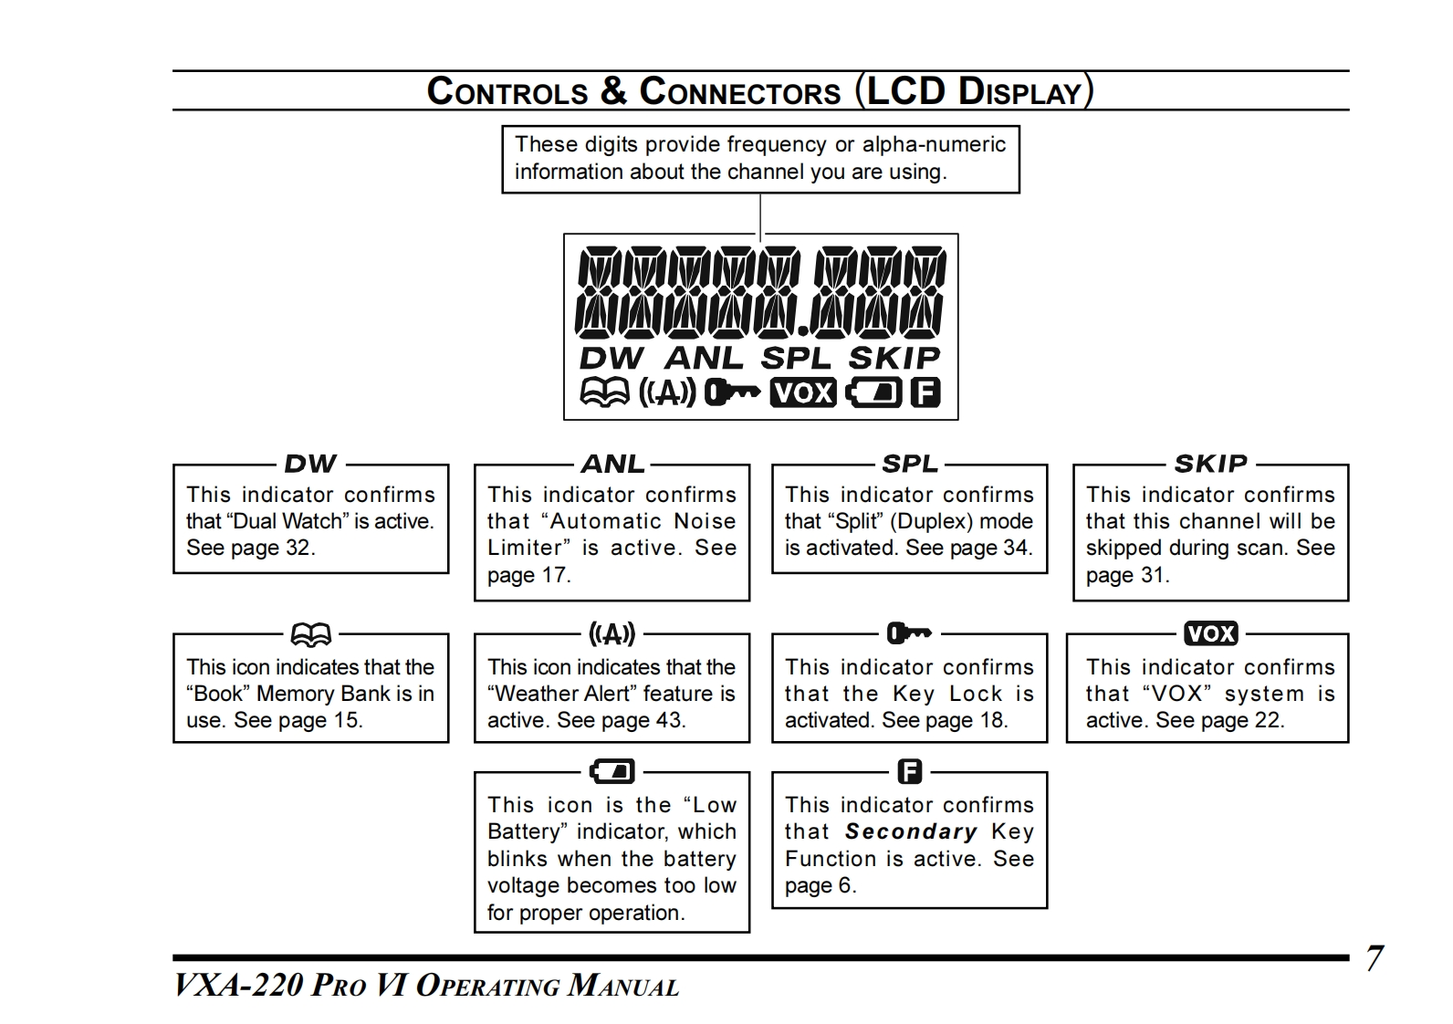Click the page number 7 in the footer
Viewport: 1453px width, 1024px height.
(1374, 958)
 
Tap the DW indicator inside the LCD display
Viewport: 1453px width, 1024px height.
(612, 359)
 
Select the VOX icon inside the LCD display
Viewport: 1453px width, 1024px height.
(803, 392)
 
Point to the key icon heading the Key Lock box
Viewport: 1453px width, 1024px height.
(909, 632)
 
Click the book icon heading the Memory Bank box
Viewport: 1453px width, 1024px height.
(311, 633)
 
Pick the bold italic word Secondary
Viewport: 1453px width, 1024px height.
(911, 831)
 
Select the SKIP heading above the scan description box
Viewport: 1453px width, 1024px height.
(1210, 464)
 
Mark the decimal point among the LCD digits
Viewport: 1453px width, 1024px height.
(802, 329)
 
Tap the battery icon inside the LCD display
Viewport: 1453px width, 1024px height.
(873, 392)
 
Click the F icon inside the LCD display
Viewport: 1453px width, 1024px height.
(925, 392)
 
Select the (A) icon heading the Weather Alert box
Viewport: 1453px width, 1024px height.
(612, 633)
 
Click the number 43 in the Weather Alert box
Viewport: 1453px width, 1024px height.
(668, 720)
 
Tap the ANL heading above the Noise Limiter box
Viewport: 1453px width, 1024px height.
(612, 464)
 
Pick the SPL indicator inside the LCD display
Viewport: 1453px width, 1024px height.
(796, 359)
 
